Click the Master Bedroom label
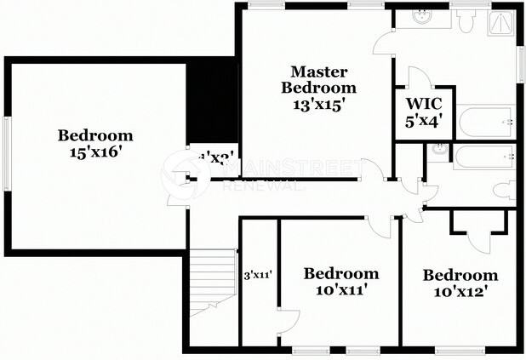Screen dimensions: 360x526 pyautogui.click(x=319, y=79)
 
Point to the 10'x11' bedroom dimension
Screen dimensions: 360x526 pyautogui.click(x=340, y=290)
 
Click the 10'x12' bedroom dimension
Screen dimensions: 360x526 pyautogui.click(x=460, y=292)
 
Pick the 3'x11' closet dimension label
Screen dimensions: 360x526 pyautogui.click(x=257, y=275)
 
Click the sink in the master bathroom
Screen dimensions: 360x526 pyautogui.click(x=421, y=16)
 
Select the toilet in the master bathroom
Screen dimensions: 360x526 pyautogui.click(x=464, y=20)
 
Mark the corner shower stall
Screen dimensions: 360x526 pyautogui.click(x=502, y=23)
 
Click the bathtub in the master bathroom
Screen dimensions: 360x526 pyautogui.click(x=486, y=122)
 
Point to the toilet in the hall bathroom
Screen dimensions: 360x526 pyautogui.click(x=506, y=190)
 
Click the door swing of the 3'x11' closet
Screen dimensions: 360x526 pyautogui.click(x=288, y=321)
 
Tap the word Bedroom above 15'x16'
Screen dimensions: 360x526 pyautogui.click(x=95, y=134)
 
